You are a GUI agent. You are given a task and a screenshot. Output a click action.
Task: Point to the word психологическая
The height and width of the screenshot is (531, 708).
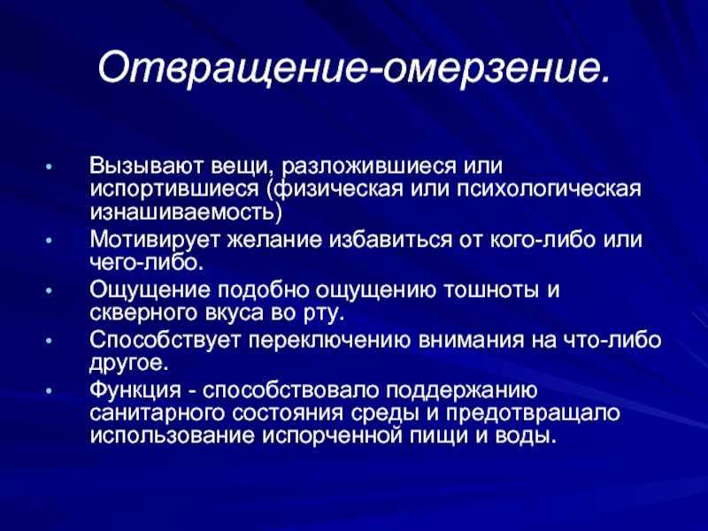coord(549,189)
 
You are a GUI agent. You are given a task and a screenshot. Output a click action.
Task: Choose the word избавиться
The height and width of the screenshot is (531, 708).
coord(390,240)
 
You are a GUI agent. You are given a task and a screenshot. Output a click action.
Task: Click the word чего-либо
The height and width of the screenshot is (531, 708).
coord(147,262)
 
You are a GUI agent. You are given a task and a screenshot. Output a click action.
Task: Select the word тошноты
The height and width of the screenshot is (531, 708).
coord(491,290)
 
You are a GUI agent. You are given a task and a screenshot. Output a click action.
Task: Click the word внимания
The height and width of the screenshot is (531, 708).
coord(472,341)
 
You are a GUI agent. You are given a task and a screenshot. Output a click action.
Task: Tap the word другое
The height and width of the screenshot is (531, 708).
coord(129,364)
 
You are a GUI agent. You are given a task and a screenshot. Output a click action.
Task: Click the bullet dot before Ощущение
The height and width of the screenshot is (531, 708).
coord(50,291)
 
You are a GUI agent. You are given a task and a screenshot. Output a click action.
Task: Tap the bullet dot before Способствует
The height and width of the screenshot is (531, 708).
coord(50,341)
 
